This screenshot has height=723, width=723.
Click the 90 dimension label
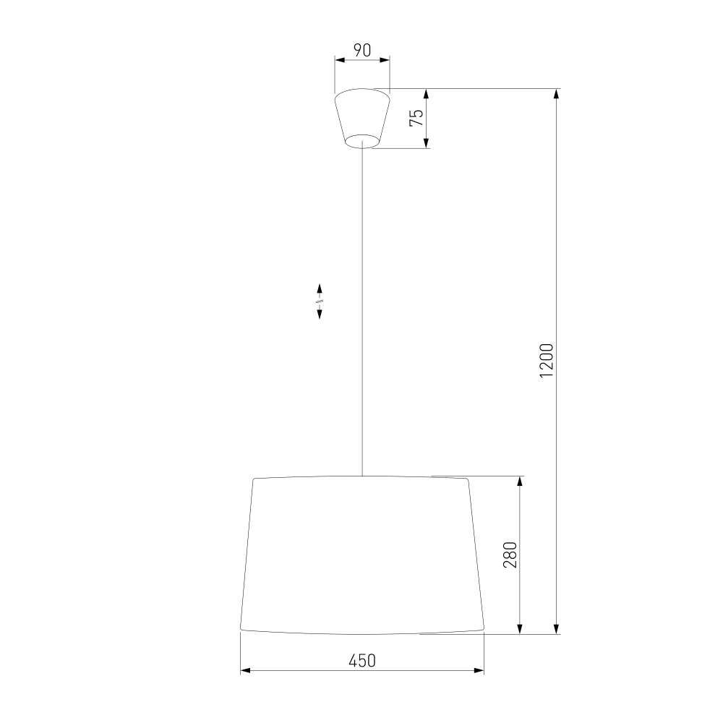click(x=362, y=51)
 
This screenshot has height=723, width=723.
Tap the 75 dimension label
click(x=416, y=118)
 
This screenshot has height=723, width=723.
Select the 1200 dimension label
click(x=547, y=361)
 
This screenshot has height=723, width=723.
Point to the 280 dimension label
click(x=510, y=555)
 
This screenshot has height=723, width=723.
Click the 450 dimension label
click(x=362, y=661)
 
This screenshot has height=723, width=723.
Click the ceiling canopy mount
click(x=362, y=118)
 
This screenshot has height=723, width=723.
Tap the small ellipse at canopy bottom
click(x=362, y=142)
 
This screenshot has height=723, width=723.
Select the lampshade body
click(x=362, y=555)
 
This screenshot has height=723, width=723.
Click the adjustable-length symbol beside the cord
click(x=319, y=301)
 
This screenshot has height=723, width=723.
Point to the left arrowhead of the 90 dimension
click(x=340, y=60)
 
